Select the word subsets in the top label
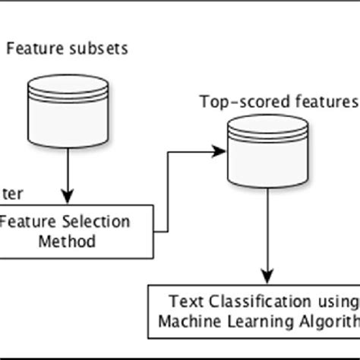pyautogui.click(x=102, y=49)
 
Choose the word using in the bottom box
pyautogui.click(x=338, y=301)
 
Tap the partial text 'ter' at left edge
pyautogui.click(x=10, y=194)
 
